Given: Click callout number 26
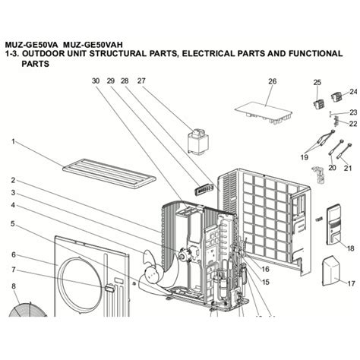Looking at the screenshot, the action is [x=272, y=81].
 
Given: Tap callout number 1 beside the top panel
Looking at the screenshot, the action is [x=13, y=141].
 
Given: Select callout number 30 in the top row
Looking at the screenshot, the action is [x=96, y=81].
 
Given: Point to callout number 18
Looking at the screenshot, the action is [x=351, y=248].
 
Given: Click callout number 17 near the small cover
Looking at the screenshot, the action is [x=351, y=283].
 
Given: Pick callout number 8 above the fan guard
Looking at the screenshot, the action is [x=14, y=286].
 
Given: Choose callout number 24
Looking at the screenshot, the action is [x=353, y=92].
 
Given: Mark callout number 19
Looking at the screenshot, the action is [x=305, y=157].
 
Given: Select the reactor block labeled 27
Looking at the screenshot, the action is [x=198, y=141].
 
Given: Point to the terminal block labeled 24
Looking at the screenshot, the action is [x=336, y=97].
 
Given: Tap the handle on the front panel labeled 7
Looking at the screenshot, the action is [x=109, y=287].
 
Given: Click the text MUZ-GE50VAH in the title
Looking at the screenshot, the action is [x=93, y=45].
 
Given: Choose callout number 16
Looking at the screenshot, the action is [x=265, y=269].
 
